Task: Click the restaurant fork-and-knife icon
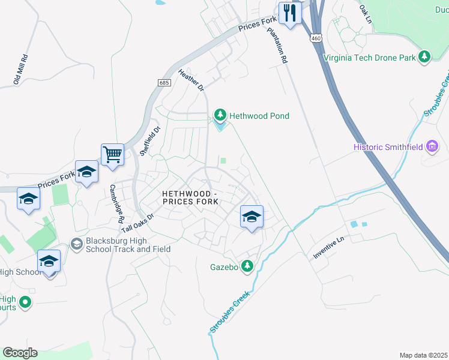click(x=290, y=13)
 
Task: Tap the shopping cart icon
click(x=112, y=155)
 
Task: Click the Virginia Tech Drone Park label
click(x=369, y=58)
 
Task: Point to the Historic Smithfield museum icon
click(x=432, y=146)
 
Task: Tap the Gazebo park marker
click(x=247, y=266)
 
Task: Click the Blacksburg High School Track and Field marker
click(x=77, y=244)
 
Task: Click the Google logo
click(x=20, y=352)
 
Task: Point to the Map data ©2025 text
click(x=423, y=355)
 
